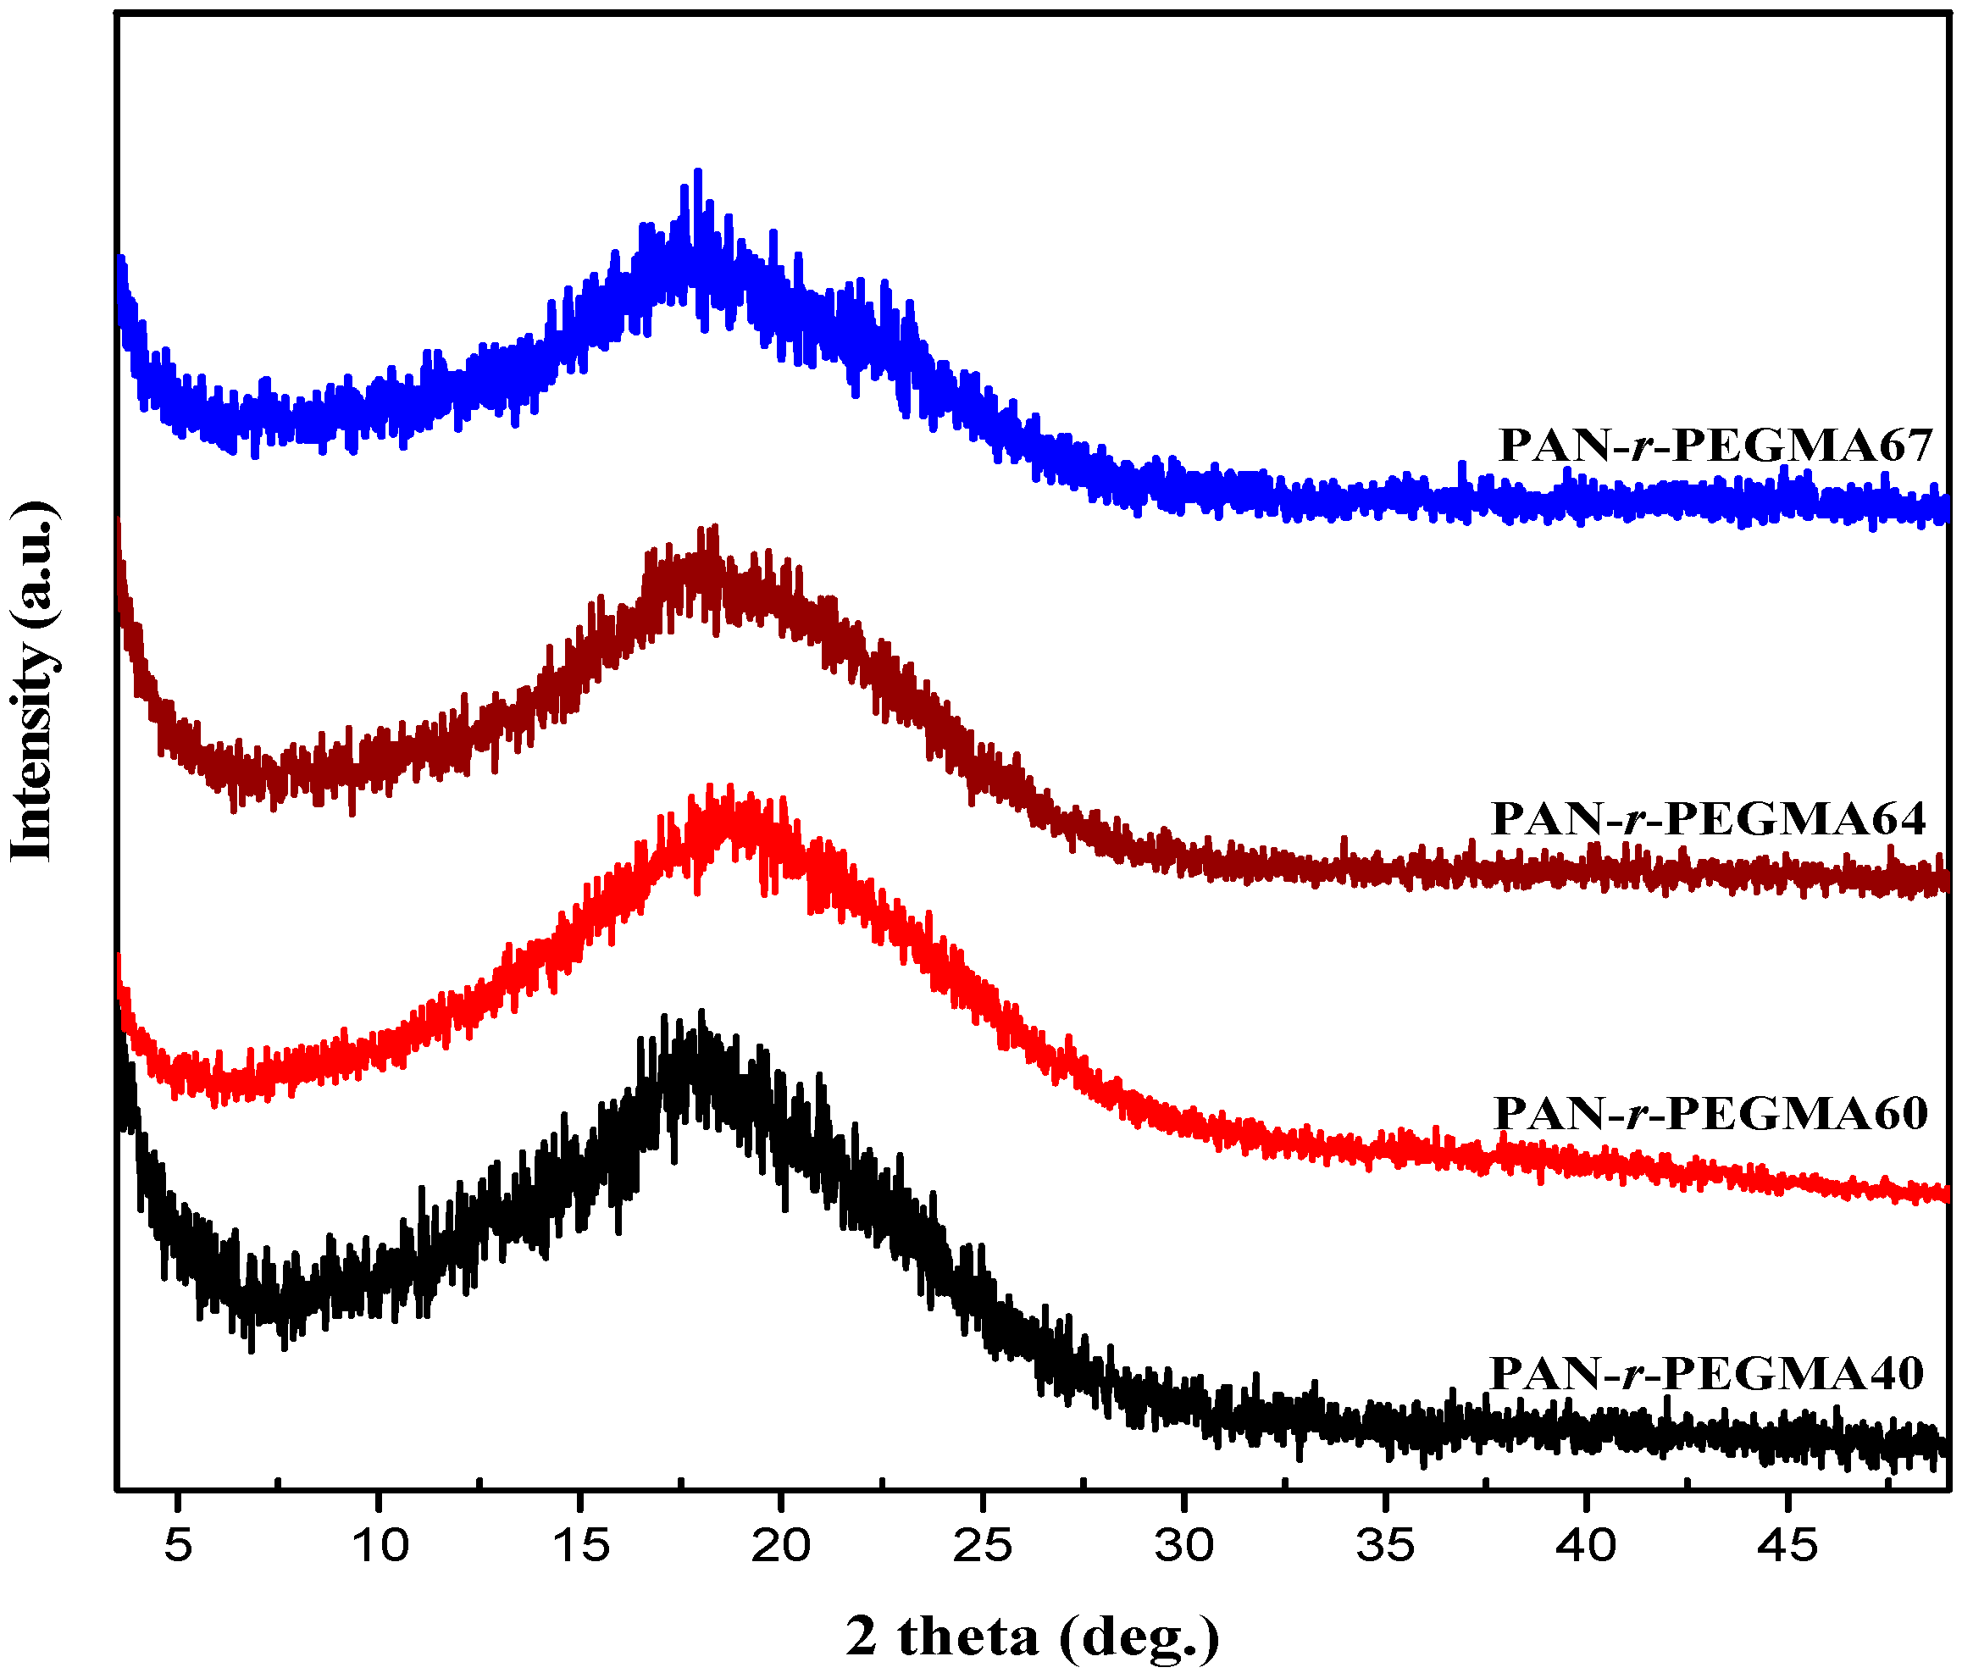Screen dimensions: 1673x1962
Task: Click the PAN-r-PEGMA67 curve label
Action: [1714, 445]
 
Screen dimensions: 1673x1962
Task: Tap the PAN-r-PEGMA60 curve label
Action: [1710, 1113]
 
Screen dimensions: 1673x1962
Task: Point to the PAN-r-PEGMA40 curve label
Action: [1706, 1373]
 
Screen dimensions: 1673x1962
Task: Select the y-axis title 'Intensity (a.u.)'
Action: [34, 681]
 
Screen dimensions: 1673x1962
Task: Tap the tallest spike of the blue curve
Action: [698, 171]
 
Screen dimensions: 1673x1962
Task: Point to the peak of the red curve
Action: [730, 787]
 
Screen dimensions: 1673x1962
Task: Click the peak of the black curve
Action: [701, 1012]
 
